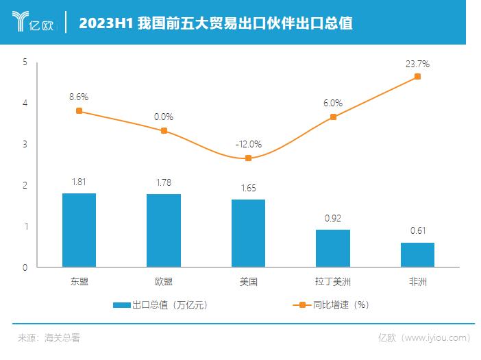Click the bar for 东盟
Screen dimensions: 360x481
[79, 230]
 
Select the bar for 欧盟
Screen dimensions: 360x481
[164, 231]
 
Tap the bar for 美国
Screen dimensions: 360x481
[248, 233]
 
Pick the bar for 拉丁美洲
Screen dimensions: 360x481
[333, 248]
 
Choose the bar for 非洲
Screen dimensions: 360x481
[417, 255]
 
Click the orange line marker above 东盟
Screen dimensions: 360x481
[79, 110]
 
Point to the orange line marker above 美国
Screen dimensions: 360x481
[248, 158]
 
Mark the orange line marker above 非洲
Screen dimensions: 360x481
[417, 77]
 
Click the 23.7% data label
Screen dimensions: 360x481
[417, 64]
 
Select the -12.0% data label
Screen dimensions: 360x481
[248, 145]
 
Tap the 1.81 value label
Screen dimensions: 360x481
[79, 182]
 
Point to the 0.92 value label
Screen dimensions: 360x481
[333, 218]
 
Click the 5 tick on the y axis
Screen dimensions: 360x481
[25, 62]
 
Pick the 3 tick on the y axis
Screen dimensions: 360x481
[25, 145]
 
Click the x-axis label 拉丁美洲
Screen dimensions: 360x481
[333, 281]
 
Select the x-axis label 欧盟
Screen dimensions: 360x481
[164, 281]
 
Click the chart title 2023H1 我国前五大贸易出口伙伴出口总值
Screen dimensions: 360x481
[216, 23]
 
